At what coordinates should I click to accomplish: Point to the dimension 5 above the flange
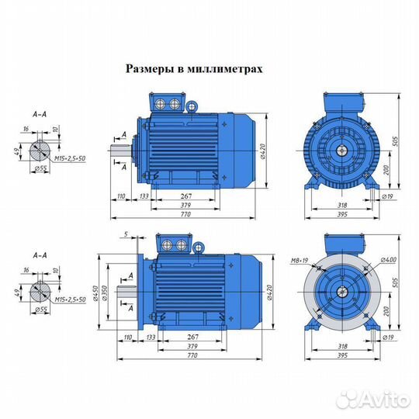pyautogui.click(x=124, y=234)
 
